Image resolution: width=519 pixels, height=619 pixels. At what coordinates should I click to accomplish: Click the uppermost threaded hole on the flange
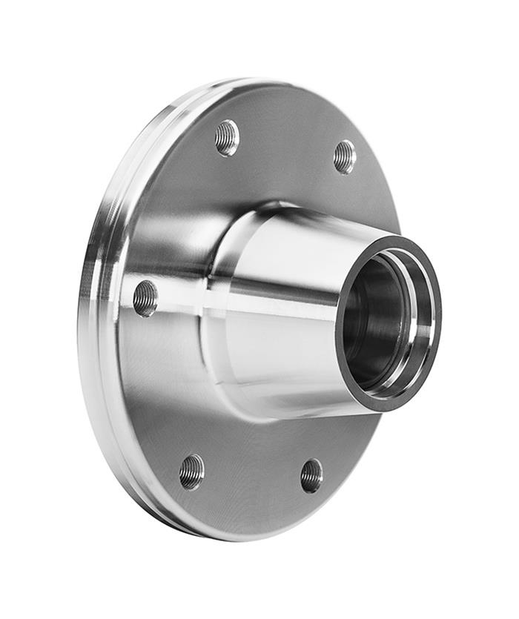tap(227, 137)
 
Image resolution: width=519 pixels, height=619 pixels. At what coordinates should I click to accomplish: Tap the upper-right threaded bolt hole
tap(345, 156)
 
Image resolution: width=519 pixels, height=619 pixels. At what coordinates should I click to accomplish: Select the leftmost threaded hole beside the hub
tap(145, 297)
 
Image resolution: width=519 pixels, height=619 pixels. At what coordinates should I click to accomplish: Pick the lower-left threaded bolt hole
tap(191, 471)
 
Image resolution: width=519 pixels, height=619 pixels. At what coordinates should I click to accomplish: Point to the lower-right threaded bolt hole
tap(311, 475)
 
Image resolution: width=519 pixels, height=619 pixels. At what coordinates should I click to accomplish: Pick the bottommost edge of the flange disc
tap(222, 537)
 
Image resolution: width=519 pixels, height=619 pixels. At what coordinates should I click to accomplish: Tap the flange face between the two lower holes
tap(252, 482)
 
